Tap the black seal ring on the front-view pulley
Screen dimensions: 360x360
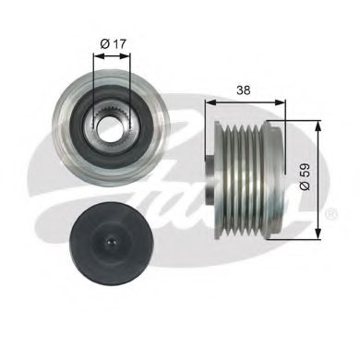tap(95, 121)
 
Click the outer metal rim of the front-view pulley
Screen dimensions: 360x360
tap(67, 121)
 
